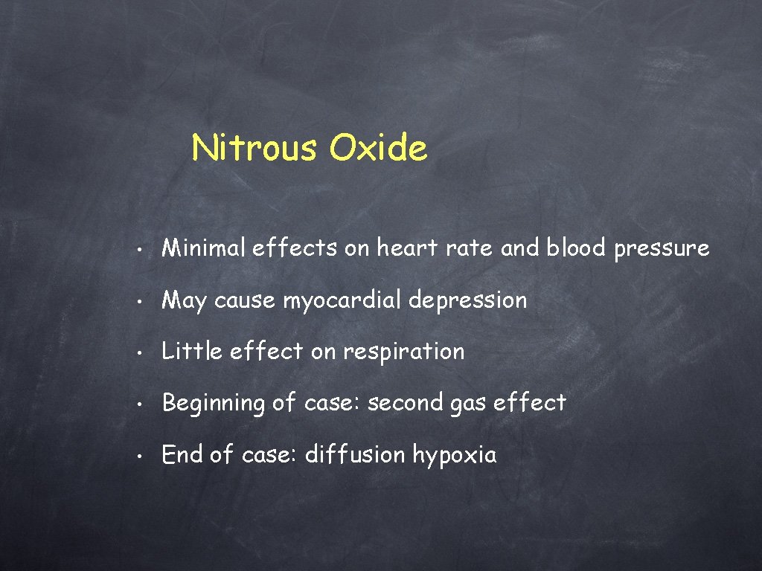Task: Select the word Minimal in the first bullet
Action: coord(203,248)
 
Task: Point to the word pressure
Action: coord(662,249)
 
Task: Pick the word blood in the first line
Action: coord(576,248)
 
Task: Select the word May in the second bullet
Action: coord(184,300)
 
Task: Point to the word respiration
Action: coord(403,352)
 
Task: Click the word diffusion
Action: coord(355,454)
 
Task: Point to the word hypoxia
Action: coord(454,455)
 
